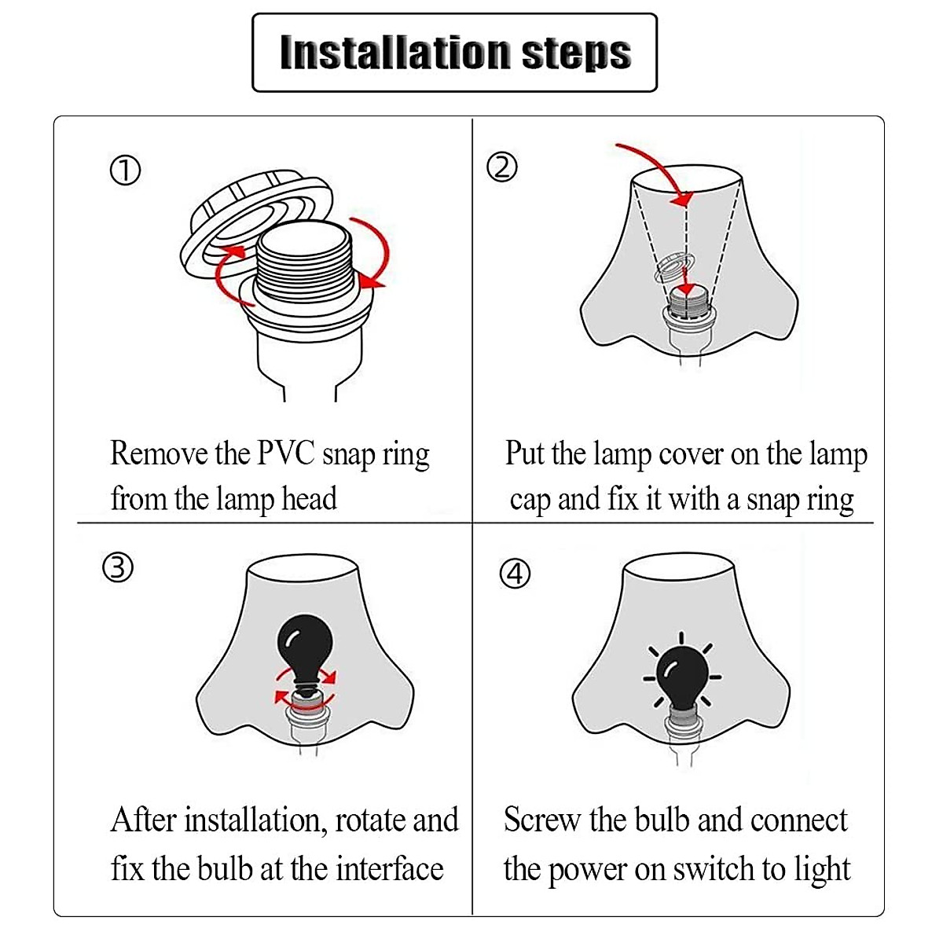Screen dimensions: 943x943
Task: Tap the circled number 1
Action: click(125, 171)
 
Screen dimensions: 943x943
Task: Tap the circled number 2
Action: click(502, 167)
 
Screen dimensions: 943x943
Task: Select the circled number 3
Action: click(118, 567)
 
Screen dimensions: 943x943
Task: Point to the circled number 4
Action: click(515, 574)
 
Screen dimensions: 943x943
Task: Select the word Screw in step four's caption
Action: click(541, 820)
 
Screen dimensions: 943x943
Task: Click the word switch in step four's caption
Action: click(714, 868)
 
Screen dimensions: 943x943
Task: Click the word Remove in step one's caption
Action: click(160, 454)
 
